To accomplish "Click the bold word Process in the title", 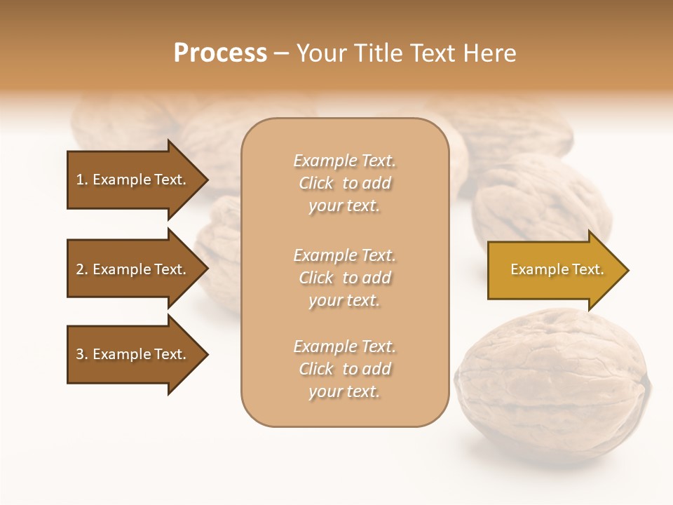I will pyautogui.click(x=220, y=53).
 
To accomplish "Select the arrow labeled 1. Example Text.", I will pyautogui.click(x=133, y=180).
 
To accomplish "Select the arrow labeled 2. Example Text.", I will pyautogui.click(x=133, y=269).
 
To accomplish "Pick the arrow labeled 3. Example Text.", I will pyautogui.click(x=133, y=354).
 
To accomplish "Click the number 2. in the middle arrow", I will pyautogui.click(x=82, y=269).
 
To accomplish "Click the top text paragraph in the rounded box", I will pyautogui.click(x=344, y=183).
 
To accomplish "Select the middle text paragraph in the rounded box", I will pyautogui.click(x=344, y=278).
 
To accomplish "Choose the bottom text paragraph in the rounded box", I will pyautogui.click(x=344, y=369).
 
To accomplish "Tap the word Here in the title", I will pyautogui.click(x=490, y=53).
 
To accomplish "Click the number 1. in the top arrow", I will pyautogui.click(x=81, y=180).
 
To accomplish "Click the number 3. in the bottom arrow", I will pyautogui.click(x=82, y=354).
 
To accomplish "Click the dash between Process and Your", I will pyautogui.click(x=281, y=53).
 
